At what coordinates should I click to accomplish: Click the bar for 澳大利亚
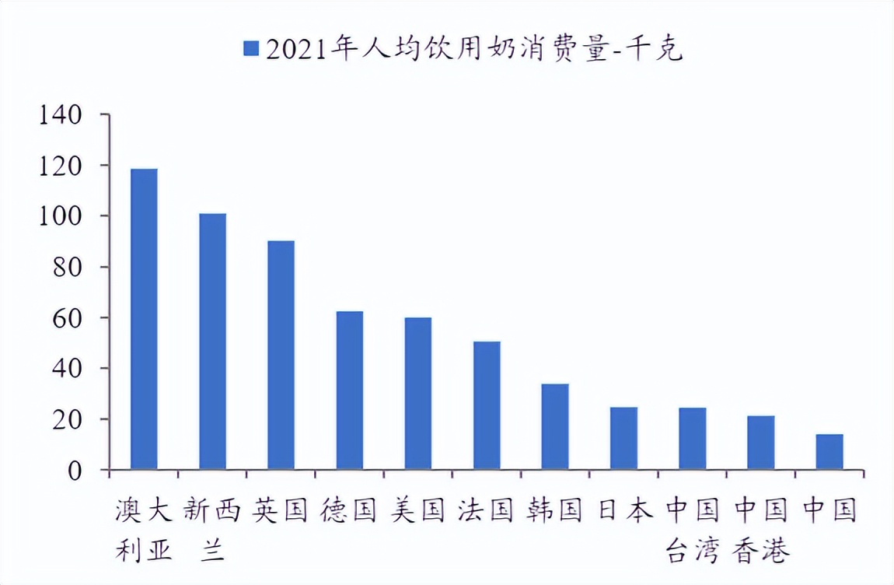coord(144,319)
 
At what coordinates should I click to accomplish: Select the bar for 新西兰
coord(212,342)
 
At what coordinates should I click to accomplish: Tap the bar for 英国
coord(281,356)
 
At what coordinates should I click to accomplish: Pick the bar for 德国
coord(349,391)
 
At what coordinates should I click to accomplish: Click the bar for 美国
coord(417,394)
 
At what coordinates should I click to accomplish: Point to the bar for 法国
coord(487,405)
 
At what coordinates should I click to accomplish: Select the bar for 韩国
coord(555,427)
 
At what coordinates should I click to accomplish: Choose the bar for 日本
coord(623,439)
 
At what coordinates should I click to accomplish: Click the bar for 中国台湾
coord(692,439)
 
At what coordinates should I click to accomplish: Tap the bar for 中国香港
coord(760,443)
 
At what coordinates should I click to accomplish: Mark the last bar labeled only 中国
coord(829,452)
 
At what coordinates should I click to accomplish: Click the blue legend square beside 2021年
coord(250,49)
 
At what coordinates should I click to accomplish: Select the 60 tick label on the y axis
coord(66,318)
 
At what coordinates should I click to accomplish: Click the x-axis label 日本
coord(624,511)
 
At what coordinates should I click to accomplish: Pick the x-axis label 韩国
coord(555,511)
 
